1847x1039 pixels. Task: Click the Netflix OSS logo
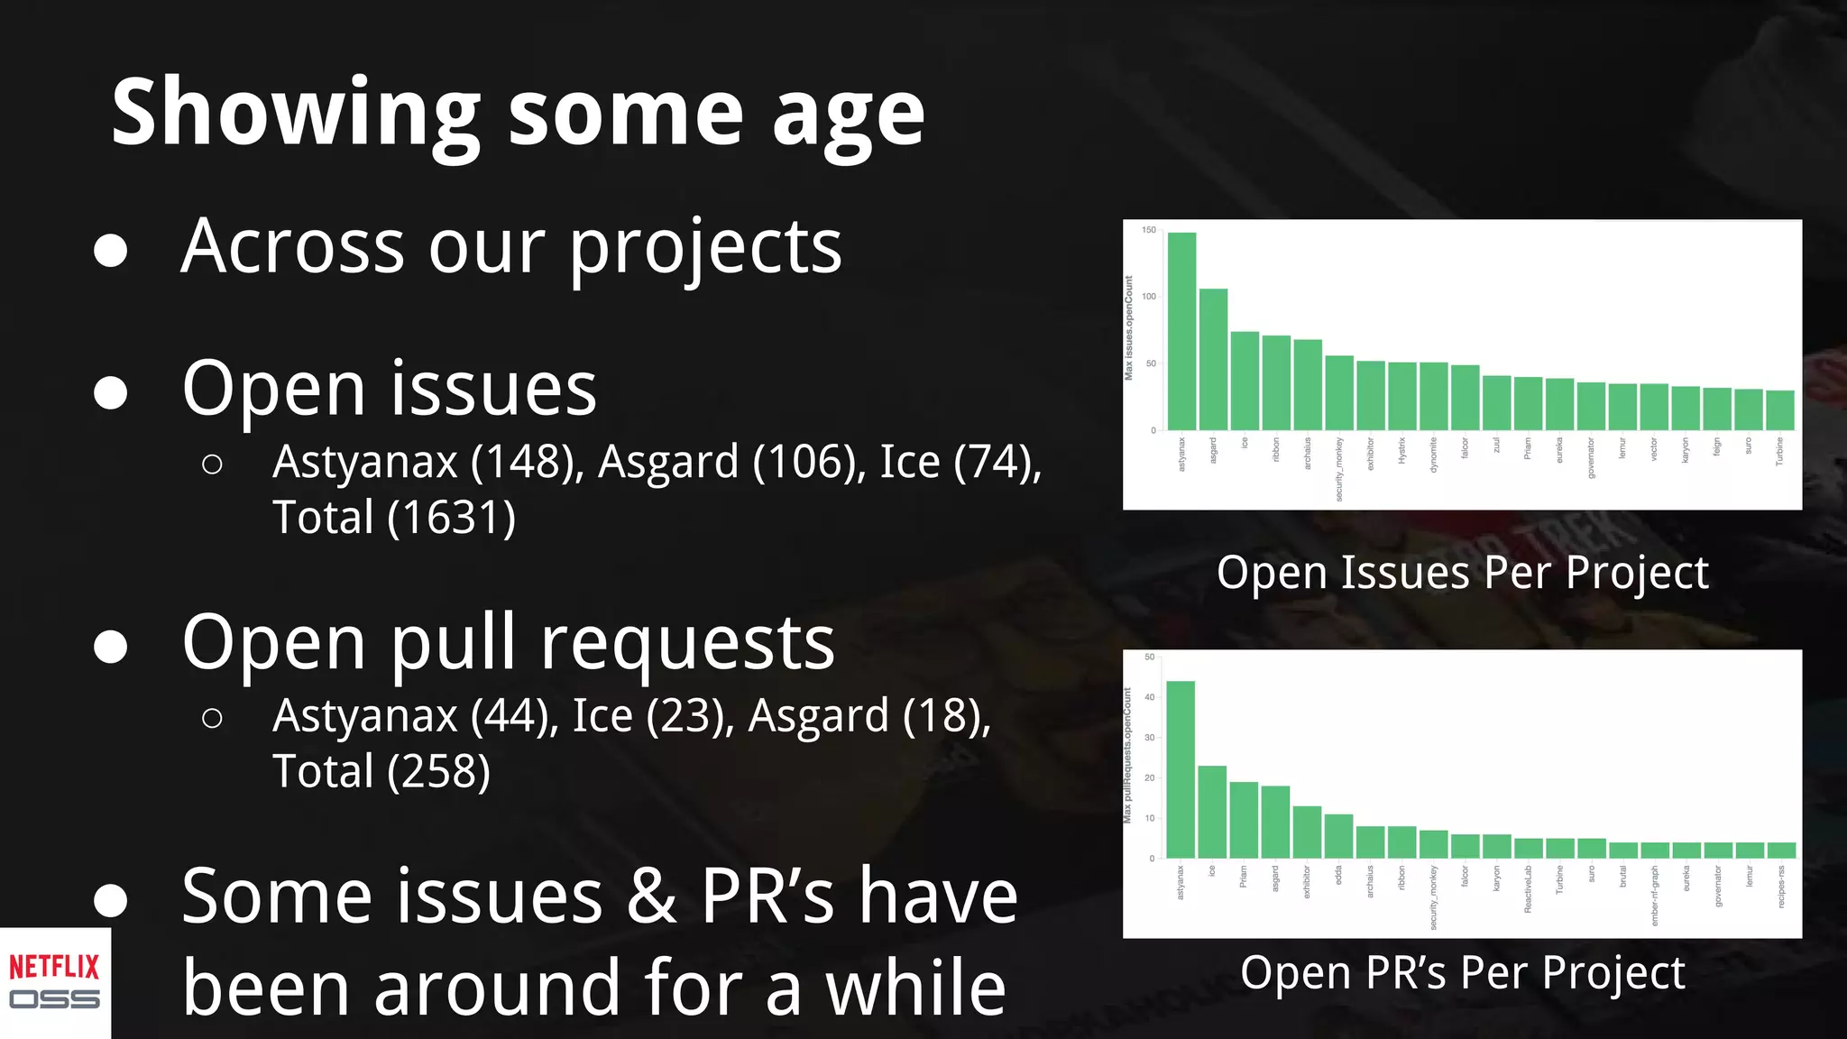point(54,982)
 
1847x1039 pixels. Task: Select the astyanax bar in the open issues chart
point(1181,332)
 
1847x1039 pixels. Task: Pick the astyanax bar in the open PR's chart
point(1181,769)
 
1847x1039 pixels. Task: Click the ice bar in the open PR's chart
point(1212,812)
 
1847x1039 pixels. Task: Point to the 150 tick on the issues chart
point(1148,230)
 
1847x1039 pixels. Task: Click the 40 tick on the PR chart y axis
point(1149,697)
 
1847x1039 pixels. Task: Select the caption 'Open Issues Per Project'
point(1462,573)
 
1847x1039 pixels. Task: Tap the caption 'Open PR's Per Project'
point(1462,973)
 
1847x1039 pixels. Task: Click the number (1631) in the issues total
point(452,518)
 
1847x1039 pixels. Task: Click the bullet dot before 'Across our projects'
point(110,250)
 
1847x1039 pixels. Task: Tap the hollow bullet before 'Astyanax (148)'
point(213,464)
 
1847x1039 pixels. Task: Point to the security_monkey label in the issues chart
point(1339,469)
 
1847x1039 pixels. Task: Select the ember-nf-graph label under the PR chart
point(1654,896)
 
